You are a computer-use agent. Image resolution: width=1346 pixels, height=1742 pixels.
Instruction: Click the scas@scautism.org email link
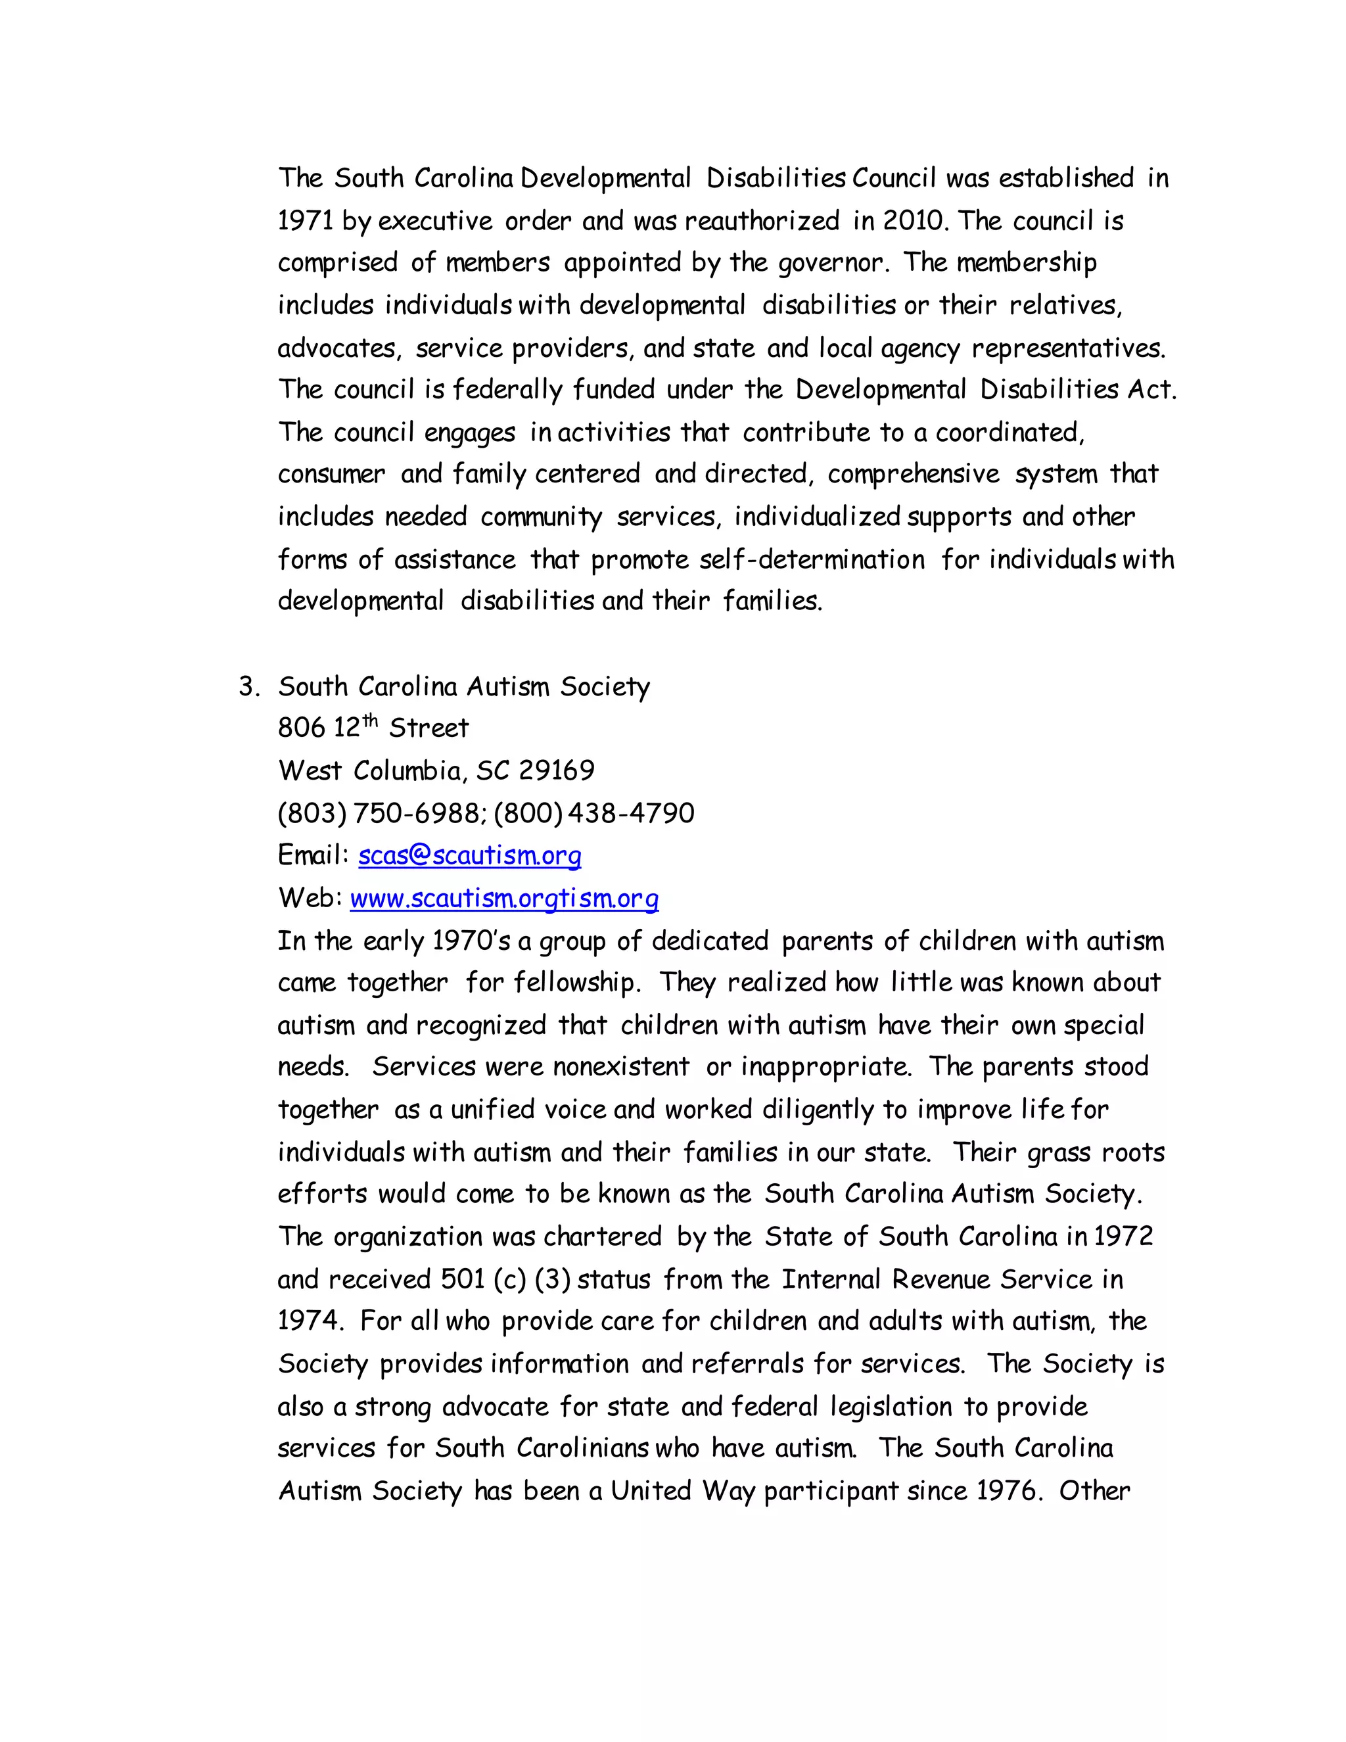(470, 856)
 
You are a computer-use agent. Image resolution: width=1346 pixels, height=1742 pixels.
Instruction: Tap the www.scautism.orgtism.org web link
(504, 899)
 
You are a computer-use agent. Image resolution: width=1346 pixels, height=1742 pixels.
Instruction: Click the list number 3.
(248, 687)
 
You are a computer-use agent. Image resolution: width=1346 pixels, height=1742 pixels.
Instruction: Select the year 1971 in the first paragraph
(306, 221)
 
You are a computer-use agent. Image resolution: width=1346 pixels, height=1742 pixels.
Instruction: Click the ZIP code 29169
(557, 770)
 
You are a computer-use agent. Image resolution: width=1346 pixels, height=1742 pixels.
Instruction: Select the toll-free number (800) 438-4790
(594, 814)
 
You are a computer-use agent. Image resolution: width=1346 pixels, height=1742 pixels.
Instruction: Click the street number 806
(300, 728)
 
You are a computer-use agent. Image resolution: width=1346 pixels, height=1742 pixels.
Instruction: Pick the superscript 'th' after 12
(370, 721)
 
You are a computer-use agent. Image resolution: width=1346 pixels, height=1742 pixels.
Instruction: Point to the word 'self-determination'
(812, 559)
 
